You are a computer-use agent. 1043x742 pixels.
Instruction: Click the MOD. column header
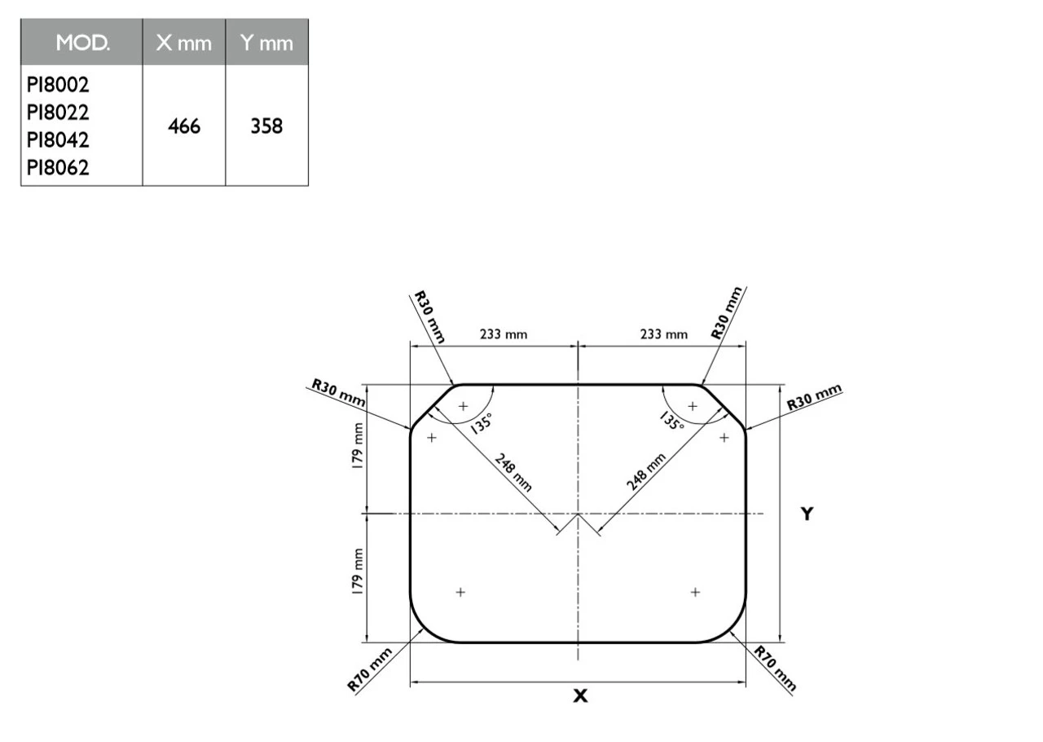(81, 43)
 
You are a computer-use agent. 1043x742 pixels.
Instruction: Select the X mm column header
(183, 43)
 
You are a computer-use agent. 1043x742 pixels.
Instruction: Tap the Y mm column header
(266, 43)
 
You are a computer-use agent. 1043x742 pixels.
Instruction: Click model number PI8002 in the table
(58, 85)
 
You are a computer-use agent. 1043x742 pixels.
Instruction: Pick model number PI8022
(58, 113)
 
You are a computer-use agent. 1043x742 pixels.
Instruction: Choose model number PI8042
(58, 140)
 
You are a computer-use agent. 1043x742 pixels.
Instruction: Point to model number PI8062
(58, 168)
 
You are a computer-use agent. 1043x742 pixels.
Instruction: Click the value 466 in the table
(183, 126)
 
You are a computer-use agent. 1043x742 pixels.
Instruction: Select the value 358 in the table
(266, 126)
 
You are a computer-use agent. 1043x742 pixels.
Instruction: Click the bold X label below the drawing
(580, 696)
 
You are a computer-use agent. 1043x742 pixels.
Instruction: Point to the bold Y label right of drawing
(806, 514)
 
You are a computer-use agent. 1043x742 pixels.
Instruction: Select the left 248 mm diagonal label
(513, 472)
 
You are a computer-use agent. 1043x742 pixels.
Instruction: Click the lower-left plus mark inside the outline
(460, 592)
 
